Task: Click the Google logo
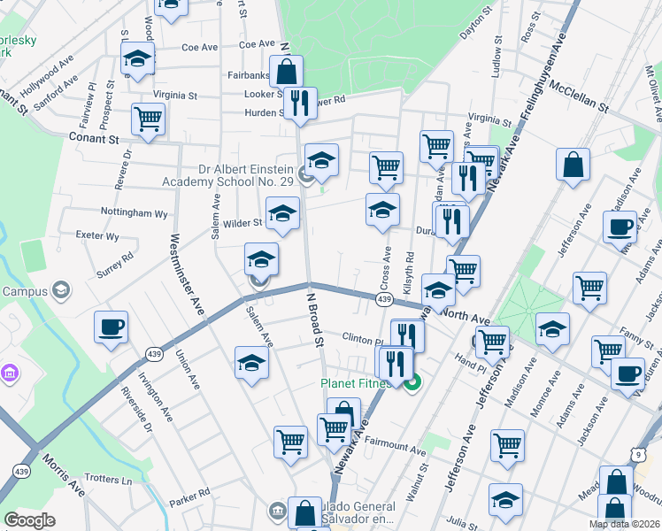[29, 520]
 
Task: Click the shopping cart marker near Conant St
[149, 119]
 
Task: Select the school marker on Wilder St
[282, 213]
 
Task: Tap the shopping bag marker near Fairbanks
[286, 71]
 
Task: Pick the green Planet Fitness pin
[412, 383]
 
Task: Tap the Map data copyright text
[623, 524]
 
